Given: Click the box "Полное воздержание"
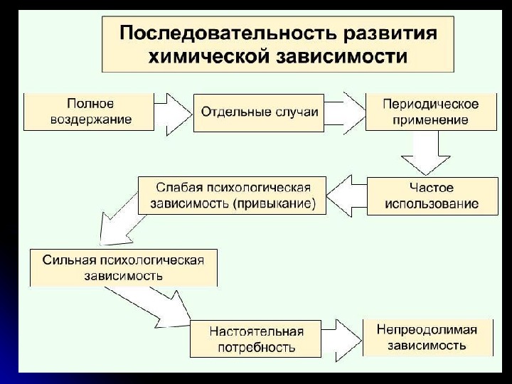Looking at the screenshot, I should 90,112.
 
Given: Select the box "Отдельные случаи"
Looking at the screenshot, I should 260,112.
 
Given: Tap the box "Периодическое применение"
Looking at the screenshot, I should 430,112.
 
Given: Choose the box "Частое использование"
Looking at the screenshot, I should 431,196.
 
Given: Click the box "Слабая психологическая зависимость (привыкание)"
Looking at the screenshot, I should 233,196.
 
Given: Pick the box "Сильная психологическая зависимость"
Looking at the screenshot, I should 123,267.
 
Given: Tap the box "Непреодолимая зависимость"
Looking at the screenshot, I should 427,337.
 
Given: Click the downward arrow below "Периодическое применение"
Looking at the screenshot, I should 425,154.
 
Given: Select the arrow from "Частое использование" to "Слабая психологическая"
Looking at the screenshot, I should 348,196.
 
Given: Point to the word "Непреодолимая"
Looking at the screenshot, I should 427,330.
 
